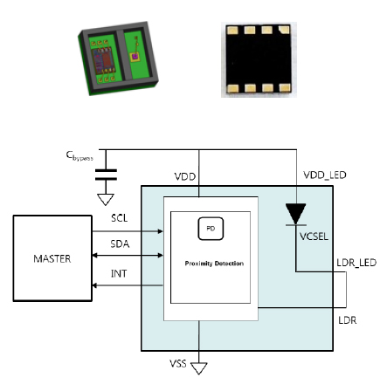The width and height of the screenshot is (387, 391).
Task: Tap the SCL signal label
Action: [x=121, y=216]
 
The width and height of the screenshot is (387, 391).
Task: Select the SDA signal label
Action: [x=121, y=245]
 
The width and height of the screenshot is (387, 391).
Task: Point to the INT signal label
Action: [x=120, y=273]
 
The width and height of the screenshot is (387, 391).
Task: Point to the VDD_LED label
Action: [x=325, y=175]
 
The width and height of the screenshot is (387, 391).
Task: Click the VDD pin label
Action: [x=184, y=176]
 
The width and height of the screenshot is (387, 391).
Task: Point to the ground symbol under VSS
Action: [x=200, y=367]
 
